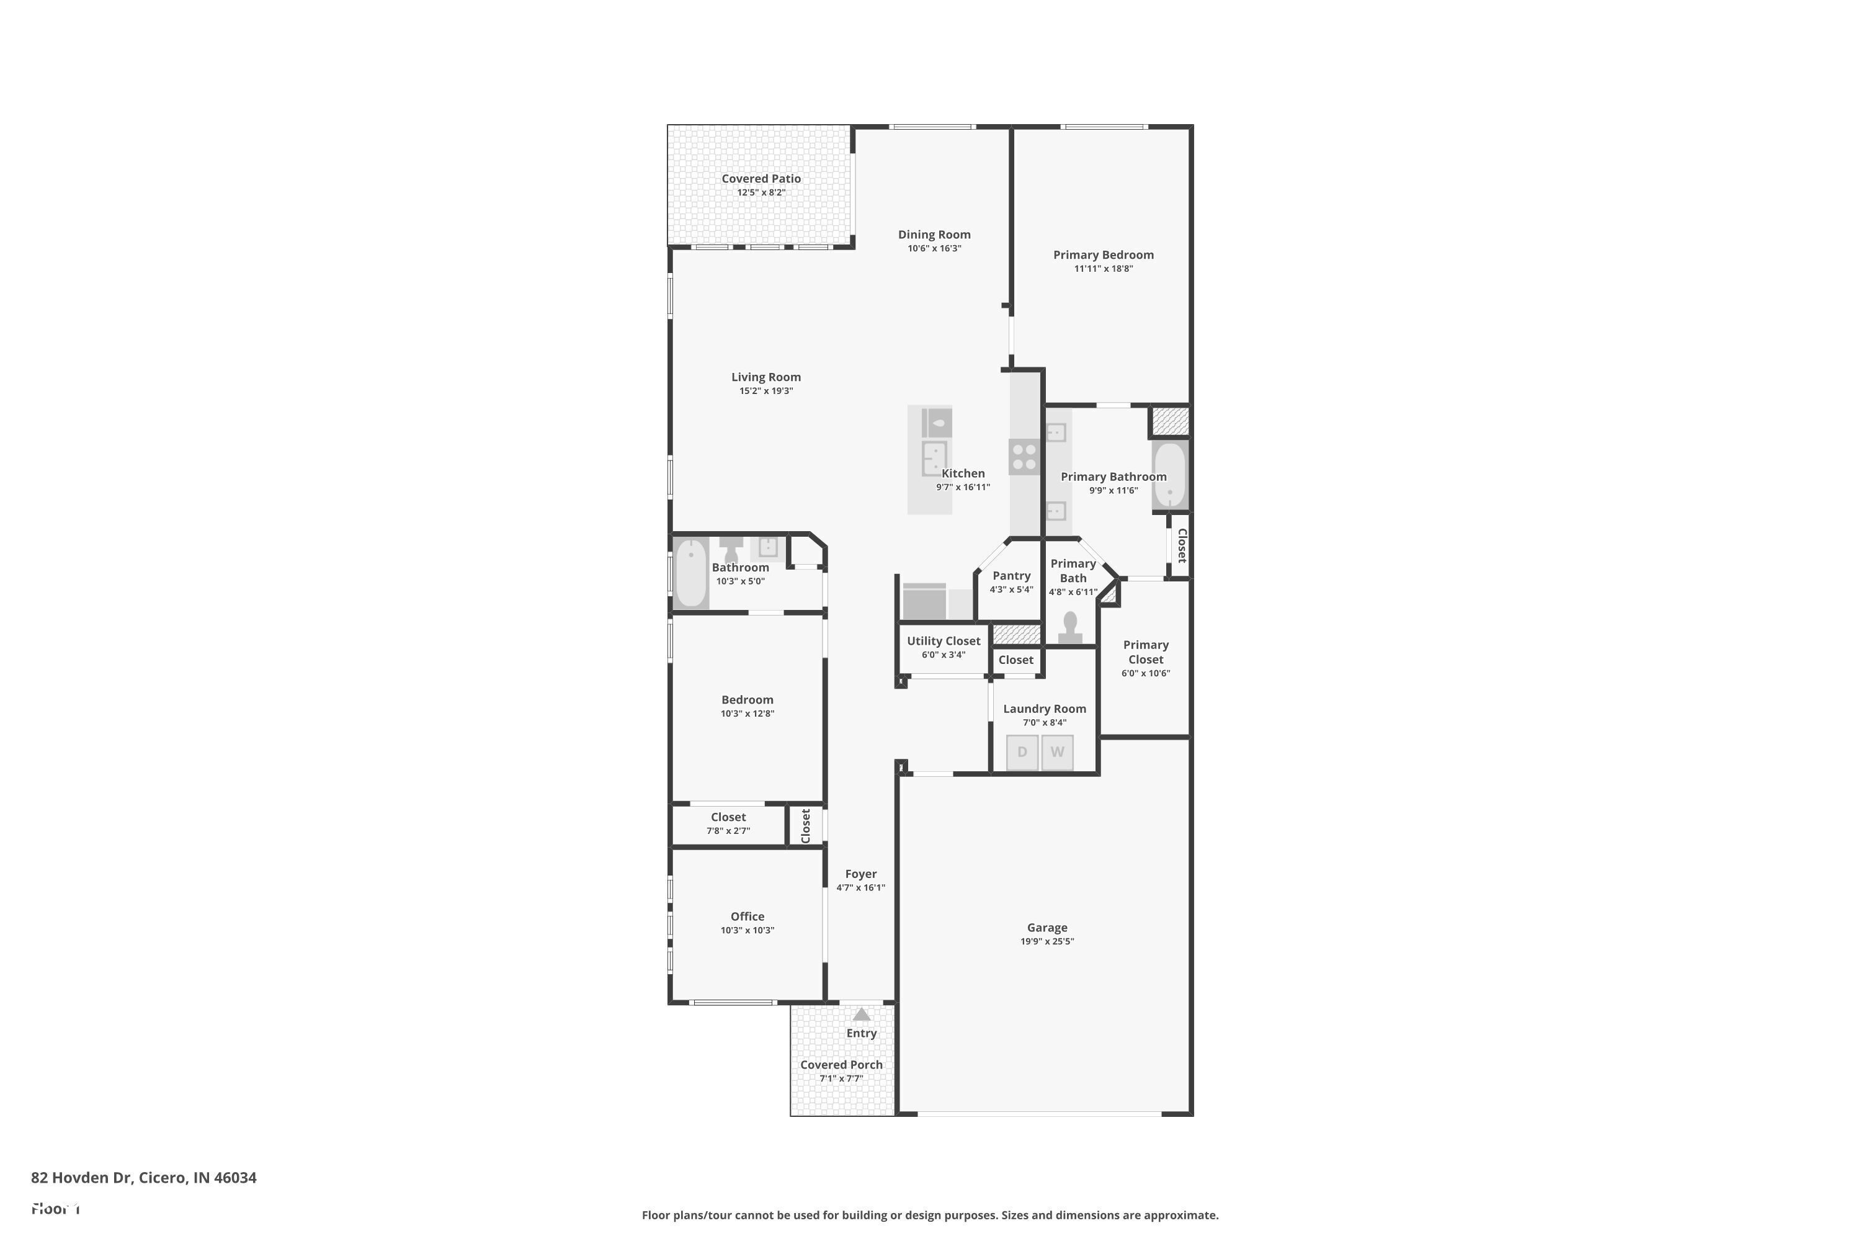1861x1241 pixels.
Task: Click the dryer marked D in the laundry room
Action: pyautogui.click(x=1022, y=752)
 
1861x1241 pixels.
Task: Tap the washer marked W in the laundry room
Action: pyautogui.click(x=1057, y=752)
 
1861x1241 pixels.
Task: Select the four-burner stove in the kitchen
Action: pyautogui.click(x=1025, y=457)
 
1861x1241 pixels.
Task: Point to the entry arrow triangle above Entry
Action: pyautogui.click(x=862, y=1014)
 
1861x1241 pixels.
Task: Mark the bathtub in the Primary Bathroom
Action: pyautogui.click(x=1169, y=474)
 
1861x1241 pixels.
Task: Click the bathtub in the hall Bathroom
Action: pyautogui.click(x=691, y=573)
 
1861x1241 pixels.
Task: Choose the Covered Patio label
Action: pyautogui.click(x=761, y=179)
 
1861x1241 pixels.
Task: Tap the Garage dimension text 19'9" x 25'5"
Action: pyautogui.click(x=1047, y=941)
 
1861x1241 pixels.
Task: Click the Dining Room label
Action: pyautogui.click(x=934, y=235)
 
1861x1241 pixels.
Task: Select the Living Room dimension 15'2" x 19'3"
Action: pyautogui.click(x=766, y=391)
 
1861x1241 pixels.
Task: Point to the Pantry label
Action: pyautogui.click(x=1011, y=576)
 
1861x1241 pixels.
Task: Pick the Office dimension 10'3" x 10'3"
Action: pyautogui.click(x=747, y=930)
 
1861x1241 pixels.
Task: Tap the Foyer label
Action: pyautogui.click(x=861, y=874)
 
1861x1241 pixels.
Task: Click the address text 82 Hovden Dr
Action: pyautogui.click(x=81, y=1178)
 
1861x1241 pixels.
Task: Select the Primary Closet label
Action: pyautogui.click(x=1146, y=652)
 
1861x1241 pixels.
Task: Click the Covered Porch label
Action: pyautogui.click(x=841, y=1065)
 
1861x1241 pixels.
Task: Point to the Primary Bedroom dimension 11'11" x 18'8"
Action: pyautogui.click(x=1103, y=268)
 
